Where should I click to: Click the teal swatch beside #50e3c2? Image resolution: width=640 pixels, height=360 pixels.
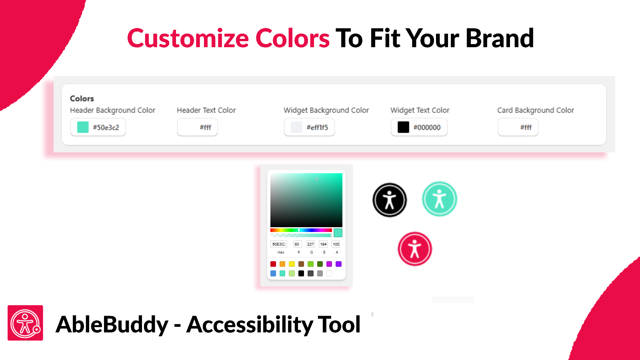pos(83,127)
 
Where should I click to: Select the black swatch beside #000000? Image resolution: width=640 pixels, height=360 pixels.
pos(403,127)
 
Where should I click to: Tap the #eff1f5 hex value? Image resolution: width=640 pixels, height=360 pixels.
pos(317,128)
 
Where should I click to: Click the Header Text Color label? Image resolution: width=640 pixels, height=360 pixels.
pos(206,110)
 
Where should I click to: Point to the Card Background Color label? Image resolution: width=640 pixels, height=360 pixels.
pos(536,110)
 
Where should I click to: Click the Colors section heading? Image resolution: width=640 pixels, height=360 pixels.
pos(82,98)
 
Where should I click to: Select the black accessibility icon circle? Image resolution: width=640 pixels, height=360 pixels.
pos(390,200)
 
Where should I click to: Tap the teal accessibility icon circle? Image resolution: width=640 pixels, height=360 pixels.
pos(440,199)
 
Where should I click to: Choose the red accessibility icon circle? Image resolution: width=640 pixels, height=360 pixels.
pos(414,249)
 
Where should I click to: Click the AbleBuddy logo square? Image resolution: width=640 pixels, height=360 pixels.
pos(26,323)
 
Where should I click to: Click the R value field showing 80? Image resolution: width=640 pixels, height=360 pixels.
pos(298,244)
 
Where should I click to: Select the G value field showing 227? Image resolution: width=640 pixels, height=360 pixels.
pos(310,244)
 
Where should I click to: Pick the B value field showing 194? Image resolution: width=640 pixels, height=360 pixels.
pos(323,244)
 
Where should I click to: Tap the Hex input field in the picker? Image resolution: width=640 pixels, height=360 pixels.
pos(278,244)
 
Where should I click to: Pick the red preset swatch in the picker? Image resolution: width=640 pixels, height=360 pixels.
pos(273,264)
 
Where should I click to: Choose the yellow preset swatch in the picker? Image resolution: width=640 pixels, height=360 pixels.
pos(292,264)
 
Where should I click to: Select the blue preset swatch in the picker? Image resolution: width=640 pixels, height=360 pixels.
pos(273,274)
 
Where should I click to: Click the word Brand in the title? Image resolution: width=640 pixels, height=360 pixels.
pos(500,38)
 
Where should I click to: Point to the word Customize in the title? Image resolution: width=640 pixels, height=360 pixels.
pos(188,38)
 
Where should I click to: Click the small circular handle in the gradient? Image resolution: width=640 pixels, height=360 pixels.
pos(316,179)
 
